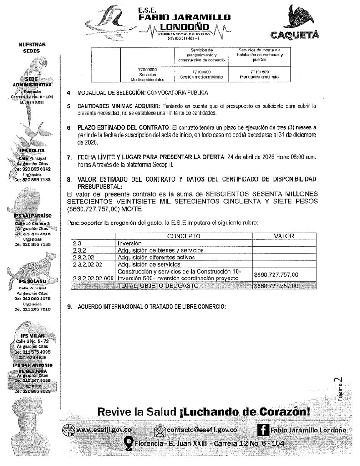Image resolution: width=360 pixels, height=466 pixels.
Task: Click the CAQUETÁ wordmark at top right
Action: pyautogui.click(x=296, y=35)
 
